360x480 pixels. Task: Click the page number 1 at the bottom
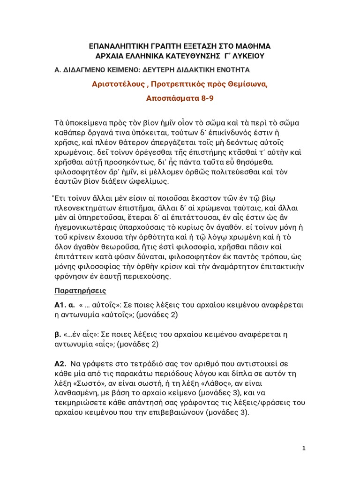[304, 448]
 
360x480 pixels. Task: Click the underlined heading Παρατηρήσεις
[81, 291]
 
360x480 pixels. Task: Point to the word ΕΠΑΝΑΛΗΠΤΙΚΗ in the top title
[119, 47]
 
